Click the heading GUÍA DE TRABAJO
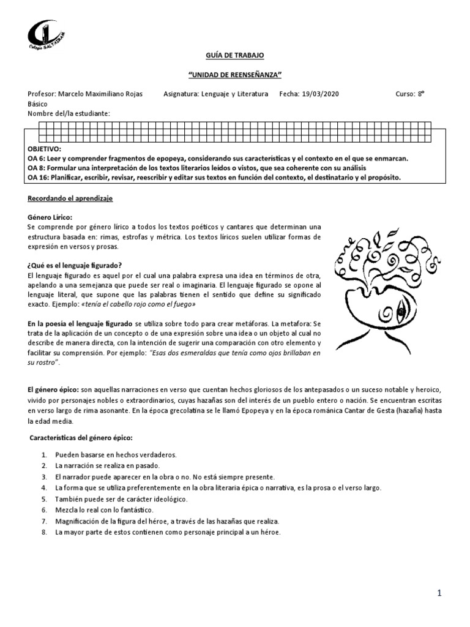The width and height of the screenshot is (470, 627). [235, 56]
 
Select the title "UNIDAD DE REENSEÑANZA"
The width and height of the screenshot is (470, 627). [235, 75]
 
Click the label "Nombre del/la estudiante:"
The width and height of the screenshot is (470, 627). [69, 114]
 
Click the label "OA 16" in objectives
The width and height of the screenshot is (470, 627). [39, 178]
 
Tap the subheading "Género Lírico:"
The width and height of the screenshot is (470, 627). [50, 217]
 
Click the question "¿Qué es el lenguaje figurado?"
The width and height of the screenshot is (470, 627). [75, 265]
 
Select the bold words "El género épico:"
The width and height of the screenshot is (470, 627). [53, 389]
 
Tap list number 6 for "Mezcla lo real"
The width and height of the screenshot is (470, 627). [44, 509]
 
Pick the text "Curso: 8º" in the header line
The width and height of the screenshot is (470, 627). [410, 94]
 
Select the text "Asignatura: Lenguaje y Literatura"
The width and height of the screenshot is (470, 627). [216, 94]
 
